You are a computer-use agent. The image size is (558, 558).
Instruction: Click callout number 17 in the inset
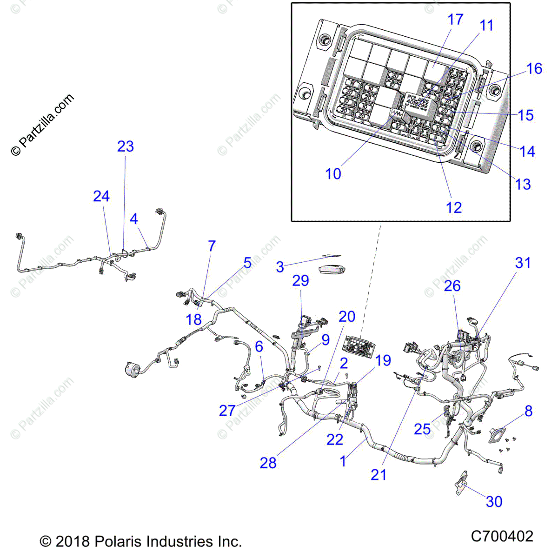click(455, 20)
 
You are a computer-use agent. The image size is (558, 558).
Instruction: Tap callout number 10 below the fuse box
click(333, 174)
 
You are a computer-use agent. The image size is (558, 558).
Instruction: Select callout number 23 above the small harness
click(125, 146)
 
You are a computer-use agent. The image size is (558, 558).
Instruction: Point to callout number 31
click(523, 263)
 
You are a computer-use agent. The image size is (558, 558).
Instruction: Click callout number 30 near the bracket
click(494, 501)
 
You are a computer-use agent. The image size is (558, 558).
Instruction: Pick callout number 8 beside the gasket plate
click(528, 411)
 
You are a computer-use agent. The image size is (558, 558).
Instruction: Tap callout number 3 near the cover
click(279, 267)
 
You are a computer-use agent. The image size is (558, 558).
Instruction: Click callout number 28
click(268, 463)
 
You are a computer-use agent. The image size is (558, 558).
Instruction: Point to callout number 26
click(452, 286)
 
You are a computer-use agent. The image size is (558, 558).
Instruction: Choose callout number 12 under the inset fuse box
click(453, 208)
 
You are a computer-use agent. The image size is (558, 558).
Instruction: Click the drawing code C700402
click(502, 536)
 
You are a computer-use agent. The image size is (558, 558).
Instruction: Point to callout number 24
click(101, 196)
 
